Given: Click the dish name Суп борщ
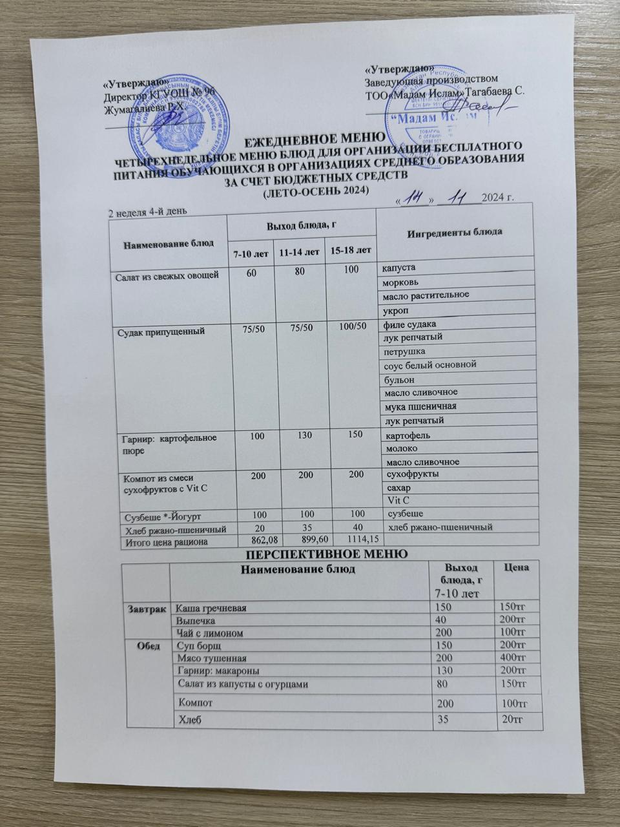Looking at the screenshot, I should pos(200,645).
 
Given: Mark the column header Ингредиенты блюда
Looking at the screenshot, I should pos(455,231).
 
